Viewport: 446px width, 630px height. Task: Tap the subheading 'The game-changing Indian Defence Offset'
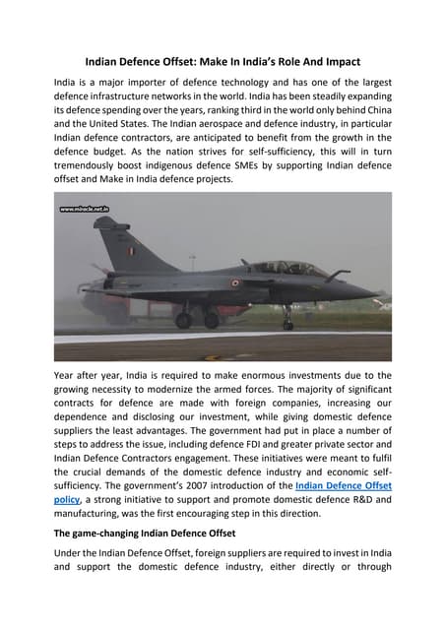[x=150, y=532]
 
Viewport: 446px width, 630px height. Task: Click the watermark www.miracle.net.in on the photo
[x=85, y=210]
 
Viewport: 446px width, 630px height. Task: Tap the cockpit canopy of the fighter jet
[x=286, y=268]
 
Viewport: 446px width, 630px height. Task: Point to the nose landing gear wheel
[x=287, y=324]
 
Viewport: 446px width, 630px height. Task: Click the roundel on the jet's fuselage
[x=234, y=283]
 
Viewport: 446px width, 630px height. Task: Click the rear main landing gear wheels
[x=197, y=320]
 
